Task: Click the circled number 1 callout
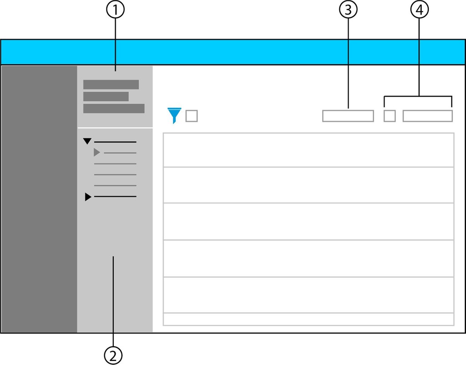pos(115,10)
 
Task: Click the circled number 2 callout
pos(113,355)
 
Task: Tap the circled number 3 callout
pos(348,10)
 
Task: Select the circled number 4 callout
pos(419,10)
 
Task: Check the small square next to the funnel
pos(192,116)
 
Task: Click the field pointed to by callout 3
pos(348,116)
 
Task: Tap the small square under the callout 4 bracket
pos(390,116)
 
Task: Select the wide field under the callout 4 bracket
pos(428,116)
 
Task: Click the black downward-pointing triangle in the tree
pos(87,141)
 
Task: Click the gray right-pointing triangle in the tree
pos(97,152)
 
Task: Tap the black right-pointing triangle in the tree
pos(88,197)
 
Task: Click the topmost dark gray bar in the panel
pos(111,84)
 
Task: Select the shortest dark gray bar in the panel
pos(106,96)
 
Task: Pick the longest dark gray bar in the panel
pos(114,108)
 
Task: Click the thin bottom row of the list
pos(309,319)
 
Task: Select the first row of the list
pos(309,150)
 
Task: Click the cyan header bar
pos(233,52)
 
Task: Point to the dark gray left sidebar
pos(39,199)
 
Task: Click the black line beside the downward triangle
pos(115,142)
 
